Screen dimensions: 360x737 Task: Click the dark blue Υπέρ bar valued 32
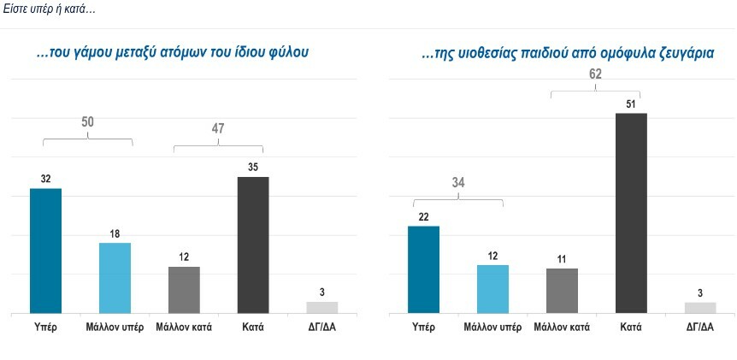[45, 251]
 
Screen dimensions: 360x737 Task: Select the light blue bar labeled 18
[115, 278]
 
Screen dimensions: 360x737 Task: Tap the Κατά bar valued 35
[252, 245]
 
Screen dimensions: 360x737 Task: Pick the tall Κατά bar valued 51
[631, 213]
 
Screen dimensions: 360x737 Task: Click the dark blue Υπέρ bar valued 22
[423, 269]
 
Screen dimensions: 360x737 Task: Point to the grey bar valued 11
[562, 291]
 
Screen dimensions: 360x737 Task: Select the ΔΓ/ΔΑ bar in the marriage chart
[322, 307]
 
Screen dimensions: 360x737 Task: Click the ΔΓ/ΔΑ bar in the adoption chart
[699, 308]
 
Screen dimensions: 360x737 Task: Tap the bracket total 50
[88, 123]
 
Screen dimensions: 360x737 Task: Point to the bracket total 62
[595, 74]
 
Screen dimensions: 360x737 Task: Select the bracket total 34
[457, 181]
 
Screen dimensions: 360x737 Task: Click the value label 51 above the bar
[631, 103]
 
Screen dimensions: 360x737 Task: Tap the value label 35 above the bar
[252, 168]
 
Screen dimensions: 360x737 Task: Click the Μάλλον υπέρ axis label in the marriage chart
[115, 327]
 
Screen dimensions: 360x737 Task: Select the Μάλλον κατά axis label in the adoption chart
[562, 327]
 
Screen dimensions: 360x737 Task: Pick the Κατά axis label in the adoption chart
[631, 327]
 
